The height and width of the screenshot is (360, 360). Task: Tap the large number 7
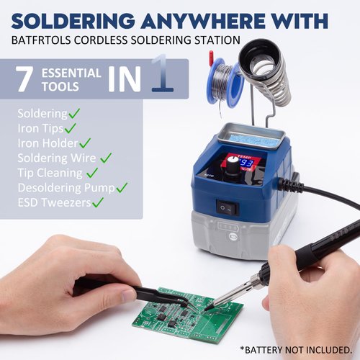[24, 79]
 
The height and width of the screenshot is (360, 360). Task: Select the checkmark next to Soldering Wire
[106, 157]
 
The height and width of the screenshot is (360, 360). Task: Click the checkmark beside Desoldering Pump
[122, 187]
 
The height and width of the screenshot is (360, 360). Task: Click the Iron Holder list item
[46, 143]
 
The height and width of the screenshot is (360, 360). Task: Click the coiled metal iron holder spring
[267, 72]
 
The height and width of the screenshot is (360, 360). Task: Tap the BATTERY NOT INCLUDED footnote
[296, 350]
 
